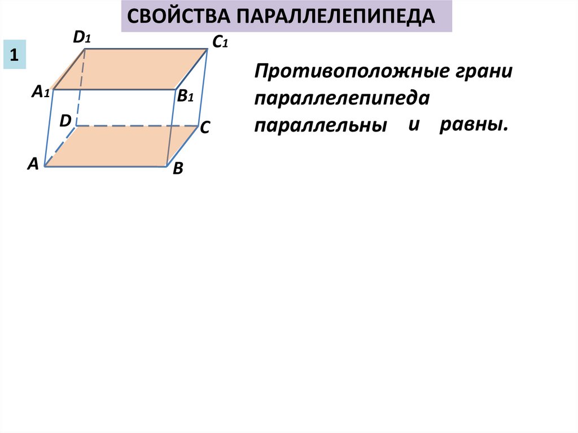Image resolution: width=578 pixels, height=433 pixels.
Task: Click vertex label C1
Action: tap(219, 42)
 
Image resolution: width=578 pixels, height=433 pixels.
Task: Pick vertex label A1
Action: tap(41, 91)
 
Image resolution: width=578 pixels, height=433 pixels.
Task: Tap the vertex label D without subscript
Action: tap(65, 120)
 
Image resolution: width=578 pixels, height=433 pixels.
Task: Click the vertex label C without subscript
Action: tap(204, 129)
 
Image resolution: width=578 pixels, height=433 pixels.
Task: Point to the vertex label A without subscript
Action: tap(33, 164)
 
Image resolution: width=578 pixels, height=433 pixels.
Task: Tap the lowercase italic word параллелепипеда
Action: tap(342, 98)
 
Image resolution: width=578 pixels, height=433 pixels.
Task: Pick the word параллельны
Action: tap(321, 125)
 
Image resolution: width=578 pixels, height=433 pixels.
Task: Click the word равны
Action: tap(474, 124)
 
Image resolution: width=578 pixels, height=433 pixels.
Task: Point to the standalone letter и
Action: tap(415, 124)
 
